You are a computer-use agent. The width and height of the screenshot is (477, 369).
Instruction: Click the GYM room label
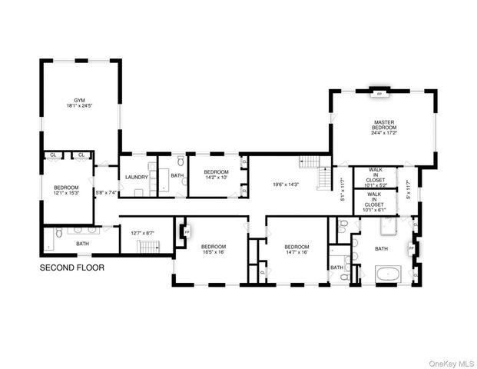80,100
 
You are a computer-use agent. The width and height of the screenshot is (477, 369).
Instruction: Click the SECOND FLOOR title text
71,268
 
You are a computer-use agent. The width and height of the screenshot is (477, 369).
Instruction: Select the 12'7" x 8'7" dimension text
144,233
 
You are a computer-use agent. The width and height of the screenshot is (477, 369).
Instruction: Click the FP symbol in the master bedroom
378,94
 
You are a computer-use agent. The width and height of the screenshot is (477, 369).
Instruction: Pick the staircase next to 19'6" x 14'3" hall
310,163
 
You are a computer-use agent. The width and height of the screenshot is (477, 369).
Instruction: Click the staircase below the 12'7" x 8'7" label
147,247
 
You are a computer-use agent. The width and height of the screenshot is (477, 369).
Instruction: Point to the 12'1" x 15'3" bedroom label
66,192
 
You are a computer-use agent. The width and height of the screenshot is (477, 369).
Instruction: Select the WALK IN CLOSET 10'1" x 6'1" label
374,201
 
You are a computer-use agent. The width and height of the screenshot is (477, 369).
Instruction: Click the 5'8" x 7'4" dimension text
105,192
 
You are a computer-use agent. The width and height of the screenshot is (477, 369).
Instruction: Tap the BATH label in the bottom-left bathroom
82,244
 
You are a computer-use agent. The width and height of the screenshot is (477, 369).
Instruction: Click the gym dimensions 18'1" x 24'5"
80,108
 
